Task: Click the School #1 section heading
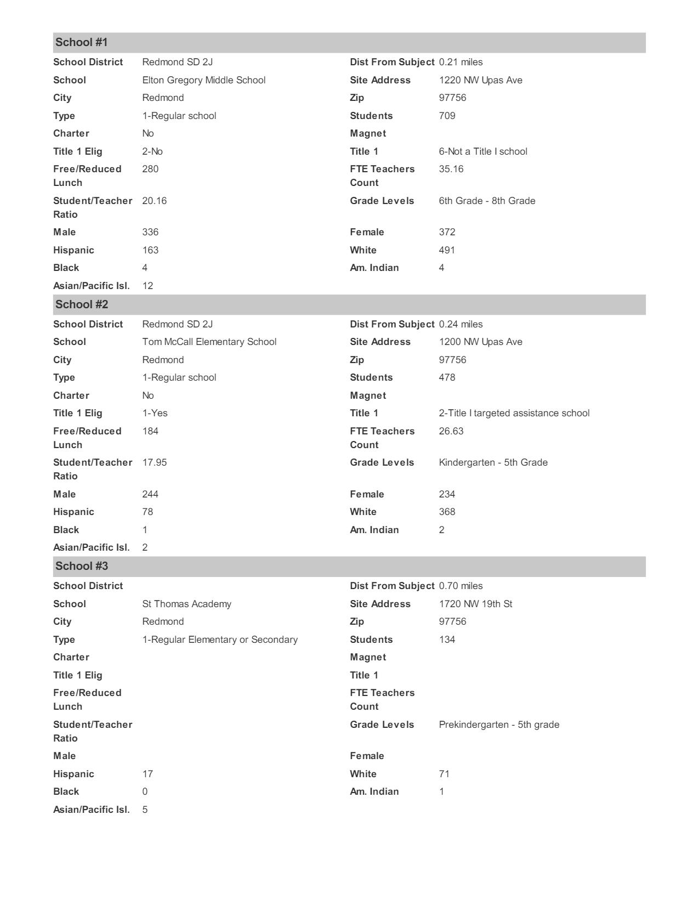82,43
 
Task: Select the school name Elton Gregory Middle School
203,80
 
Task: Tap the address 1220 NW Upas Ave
480,80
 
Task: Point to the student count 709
447,116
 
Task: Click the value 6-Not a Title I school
482,151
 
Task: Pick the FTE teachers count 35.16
451,169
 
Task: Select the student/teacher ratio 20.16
154,201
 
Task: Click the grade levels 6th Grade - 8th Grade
487,201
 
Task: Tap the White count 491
447,250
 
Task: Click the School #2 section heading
82,304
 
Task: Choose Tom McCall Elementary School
209,342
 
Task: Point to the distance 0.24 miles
461,324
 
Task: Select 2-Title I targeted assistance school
514,413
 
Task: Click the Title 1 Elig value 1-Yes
155,413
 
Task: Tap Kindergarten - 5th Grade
493,462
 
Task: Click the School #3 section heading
82,566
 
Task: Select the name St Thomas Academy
186,604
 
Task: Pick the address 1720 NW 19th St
475,604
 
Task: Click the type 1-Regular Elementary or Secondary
220,640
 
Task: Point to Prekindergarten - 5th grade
499,725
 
